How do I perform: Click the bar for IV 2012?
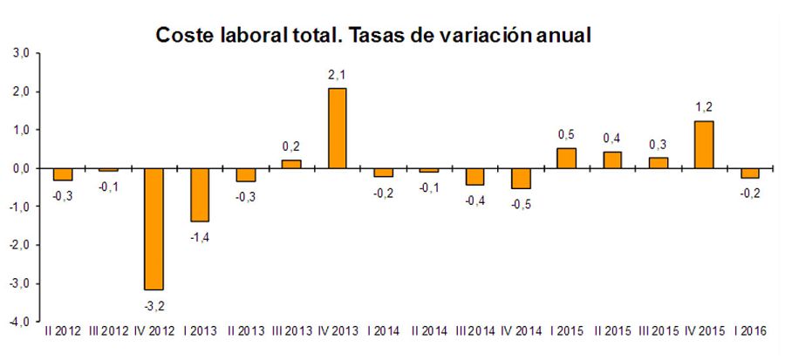154,228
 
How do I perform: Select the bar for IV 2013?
338,128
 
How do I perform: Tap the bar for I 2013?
200,194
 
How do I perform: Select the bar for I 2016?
749,173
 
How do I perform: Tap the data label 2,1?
338,75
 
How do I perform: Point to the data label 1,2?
704,108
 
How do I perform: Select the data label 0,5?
566,135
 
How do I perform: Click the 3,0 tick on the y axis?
21,54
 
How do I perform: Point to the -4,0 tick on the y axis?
19,322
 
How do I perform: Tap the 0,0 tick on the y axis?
21,168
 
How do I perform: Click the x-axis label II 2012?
63,331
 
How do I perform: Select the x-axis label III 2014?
474,331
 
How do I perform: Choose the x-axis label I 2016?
749,331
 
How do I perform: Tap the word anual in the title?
561,36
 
